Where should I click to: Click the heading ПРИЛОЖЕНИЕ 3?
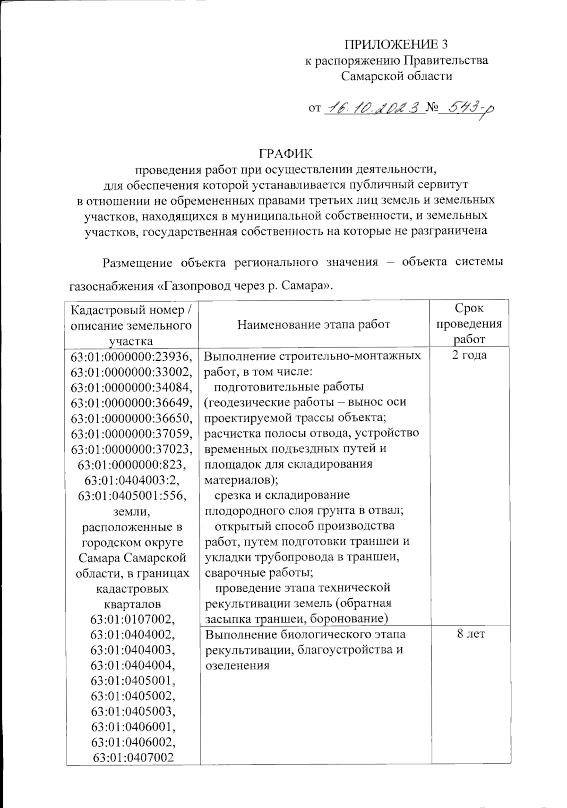[x=395, y=44]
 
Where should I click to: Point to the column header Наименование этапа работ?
[x=314, y=324]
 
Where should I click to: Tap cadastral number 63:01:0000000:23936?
[x=132, y=356]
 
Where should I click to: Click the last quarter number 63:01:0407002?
[x=133, y=758]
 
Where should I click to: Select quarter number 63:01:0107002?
[x=133, y=619]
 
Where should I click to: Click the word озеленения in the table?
[x=237, y=665]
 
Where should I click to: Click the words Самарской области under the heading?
[x=396, y=76]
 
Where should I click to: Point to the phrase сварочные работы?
[x=258, y=572]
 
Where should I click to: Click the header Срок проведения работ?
[x=469, y=324]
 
